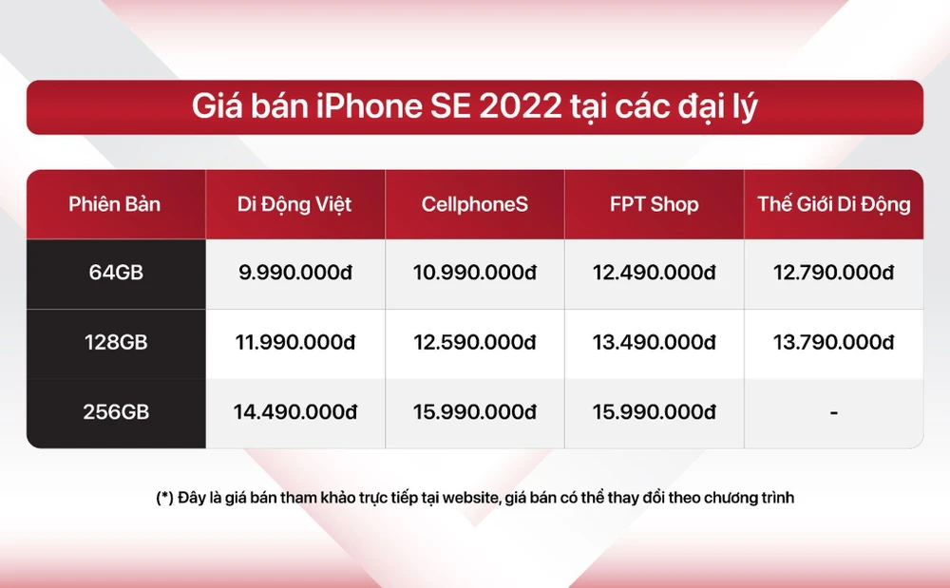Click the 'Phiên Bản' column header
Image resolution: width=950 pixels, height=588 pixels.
tap(115, 204)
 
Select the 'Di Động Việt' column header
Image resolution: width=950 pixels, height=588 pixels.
tap(294, 204)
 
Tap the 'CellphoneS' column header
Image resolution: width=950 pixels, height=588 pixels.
tap(474, 204)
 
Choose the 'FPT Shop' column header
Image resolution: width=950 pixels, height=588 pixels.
tap(654, 204)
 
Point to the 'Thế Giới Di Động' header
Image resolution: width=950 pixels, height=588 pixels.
tap(833, 204)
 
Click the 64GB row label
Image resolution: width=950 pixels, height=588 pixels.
tap(115, 273)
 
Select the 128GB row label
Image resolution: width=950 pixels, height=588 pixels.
tap(115, 342)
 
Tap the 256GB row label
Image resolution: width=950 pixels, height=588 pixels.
tap(115, 412)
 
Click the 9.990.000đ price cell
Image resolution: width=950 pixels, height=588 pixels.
tap(294, 273)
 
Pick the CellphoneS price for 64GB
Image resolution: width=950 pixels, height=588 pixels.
tap(474, 273)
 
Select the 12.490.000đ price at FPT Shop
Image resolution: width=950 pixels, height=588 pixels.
tap(654, 273)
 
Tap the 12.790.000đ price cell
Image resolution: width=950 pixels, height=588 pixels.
tap(833, 273)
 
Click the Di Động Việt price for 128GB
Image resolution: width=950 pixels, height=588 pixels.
tap(294, 342)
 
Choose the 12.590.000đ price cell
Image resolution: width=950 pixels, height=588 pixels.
tap(474, 342)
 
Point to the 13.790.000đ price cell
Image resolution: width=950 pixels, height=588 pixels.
tap(833, 342)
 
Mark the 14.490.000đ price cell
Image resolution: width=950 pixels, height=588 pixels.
tap(294, 412)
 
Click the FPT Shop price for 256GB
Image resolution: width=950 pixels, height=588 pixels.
tap(654, 412)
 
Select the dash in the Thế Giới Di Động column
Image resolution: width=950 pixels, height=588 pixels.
tap(833, 413)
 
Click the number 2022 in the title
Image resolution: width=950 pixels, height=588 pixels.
tap(521, 106)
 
